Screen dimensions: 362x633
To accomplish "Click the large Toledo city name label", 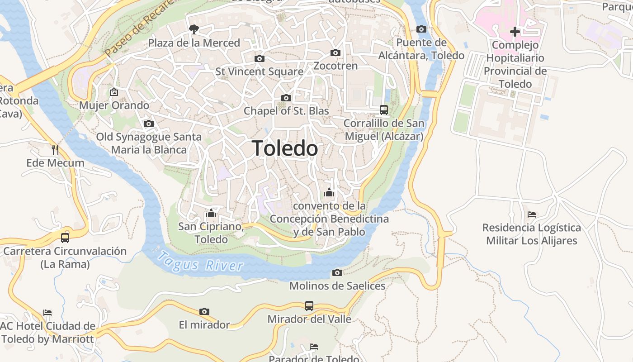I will [285, 148].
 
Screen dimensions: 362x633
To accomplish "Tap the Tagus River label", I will [200, 262].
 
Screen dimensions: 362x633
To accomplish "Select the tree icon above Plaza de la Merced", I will [194, 30].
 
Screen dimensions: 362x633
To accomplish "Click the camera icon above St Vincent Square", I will [259, 58].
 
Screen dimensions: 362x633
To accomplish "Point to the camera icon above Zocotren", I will [335, 52].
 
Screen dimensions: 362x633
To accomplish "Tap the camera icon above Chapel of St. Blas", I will [286, 98].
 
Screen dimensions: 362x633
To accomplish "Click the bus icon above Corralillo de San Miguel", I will [383, 110].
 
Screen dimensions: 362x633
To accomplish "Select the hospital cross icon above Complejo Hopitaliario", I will [515, 32].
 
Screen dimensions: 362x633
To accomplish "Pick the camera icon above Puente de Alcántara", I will [421, 29].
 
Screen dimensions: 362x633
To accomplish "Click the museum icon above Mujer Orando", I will [113, 92].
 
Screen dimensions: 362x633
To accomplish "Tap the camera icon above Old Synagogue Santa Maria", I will [148, 124].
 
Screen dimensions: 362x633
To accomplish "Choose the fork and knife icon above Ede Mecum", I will [55, 150].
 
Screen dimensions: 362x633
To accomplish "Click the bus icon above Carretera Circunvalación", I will [65, 238].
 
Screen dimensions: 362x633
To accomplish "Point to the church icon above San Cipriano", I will [211, 213].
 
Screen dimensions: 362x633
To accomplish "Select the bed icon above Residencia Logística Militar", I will [531, 214].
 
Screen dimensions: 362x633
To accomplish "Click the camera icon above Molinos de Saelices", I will [337, 272].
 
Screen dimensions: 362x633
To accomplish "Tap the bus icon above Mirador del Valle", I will [309, 305].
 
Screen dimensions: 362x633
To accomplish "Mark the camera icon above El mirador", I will [204, 311].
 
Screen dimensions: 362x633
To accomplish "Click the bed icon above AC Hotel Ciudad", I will [47, 312].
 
